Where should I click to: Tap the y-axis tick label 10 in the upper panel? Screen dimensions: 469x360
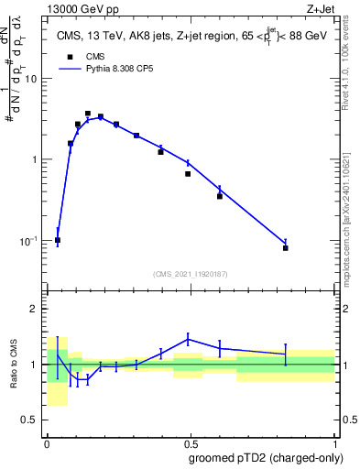31,79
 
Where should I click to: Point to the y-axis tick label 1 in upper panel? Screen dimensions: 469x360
35,159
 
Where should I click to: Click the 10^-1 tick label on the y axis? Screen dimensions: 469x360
27,240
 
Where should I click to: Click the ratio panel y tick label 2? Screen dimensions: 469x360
34,309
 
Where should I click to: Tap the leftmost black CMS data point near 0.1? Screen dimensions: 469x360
58,240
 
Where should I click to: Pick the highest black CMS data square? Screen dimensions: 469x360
88,114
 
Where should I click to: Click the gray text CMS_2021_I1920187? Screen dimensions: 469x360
191,274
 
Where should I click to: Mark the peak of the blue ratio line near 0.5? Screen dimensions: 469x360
188,339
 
